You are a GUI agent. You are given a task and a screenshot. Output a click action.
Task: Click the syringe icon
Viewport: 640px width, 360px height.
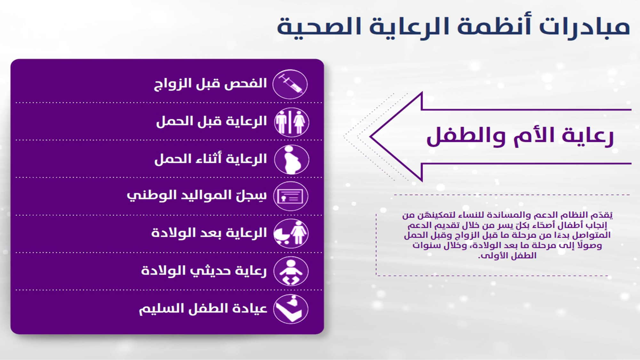tap(290, 84)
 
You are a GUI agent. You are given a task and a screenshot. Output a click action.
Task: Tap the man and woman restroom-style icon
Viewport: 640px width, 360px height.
tap(292, 122)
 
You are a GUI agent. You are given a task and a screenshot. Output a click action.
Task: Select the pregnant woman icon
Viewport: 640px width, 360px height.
tap(292, 160)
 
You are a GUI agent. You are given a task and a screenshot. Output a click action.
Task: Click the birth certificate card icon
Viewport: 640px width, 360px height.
tap(291, 196)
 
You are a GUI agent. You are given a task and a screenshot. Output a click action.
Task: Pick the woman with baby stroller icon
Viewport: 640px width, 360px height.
tap(291, 234)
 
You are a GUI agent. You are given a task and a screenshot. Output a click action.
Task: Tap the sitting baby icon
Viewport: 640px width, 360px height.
tap(291, 271)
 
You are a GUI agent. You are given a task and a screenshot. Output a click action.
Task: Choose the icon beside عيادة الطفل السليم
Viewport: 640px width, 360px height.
tap(291, 309)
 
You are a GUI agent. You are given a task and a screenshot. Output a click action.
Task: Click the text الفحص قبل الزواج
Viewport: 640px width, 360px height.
tap(210, 84)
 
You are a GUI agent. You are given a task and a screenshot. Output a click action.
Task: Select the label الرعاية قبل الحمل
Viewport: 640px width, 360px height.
tap(211, 122)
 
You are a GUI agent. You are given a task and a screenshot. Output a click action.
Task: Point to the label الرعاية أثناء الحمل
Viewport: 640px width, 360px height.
tap(211, 159)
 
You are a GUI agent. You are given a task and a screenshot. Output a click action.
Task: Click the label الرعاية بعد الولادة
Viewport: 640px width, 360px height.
tap(209, 233)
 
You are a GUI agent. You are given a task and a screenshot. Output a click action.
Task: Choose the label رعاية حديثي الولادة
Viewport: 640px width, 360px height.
tap(204, 271)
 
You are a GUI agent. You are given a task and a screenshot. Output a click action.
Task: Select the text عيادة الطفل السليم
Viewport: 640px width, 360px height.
tap(203, 308)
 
